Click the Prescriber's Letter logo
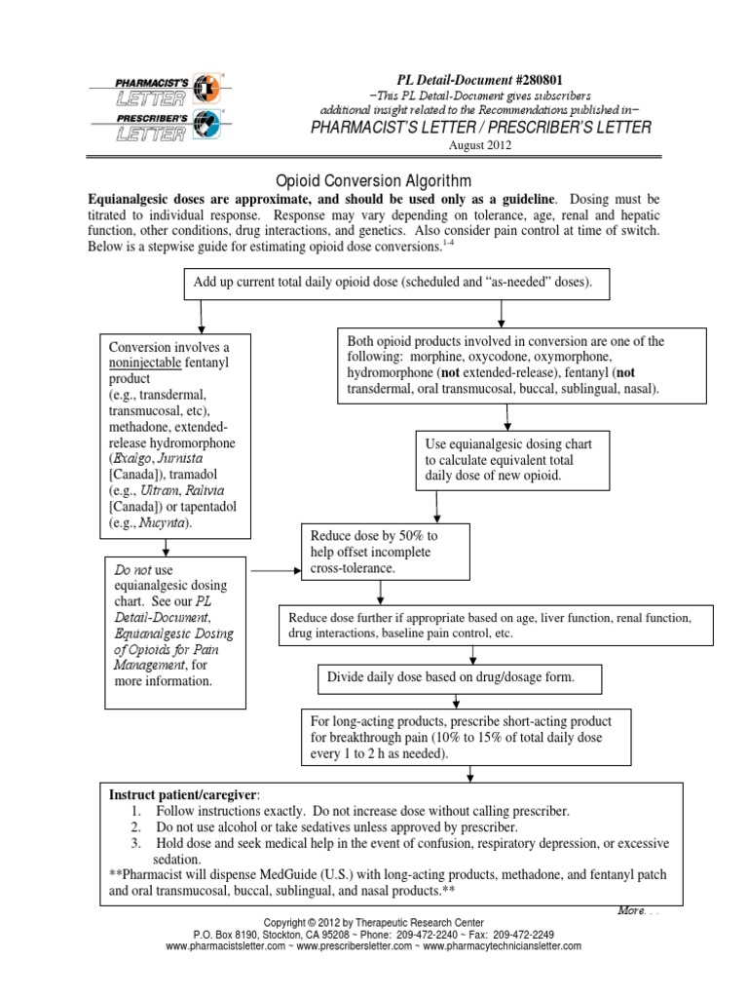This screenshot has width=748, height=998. tap(155, 125)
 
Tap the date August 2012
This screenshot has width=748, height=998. tap(478, 145)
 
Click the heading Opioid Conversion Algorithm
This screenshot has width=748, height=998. tap(360, 180)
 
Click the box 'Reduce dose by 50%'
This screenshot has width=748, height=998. tap(388, 552)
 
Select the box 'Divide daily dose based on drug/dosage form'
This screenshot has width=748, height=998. tap(461, 676)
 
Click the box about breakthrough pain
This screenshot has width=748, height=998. tap(469, 738)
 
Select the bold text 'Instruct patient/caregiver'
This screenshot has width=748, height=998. tap(184, 795)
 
